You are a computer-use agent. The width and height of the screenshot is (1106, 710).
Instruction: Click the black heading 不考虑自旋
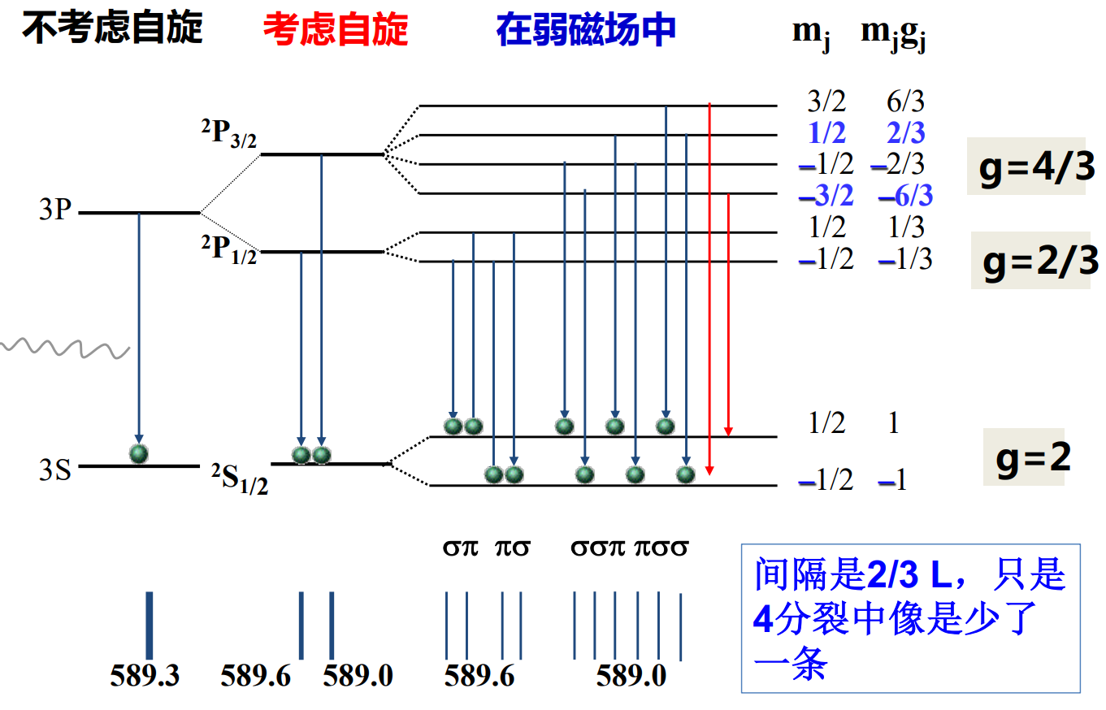pos(112,29)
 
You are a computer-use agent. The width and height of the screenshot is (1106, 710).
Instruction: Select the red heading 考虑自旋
pos(335,31)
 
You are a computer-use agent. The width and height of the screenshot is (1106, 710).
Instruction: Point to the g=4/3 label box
pos(1026,167)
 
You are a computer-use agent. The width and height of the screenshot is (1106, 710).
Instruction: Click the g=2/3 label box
pos(1030,261)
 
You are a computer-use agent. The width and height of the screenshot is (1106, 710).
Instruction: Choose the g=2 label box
pos(1024,457)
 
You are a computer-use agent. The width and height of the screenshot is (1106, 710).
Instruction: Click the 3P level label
pos(55,211)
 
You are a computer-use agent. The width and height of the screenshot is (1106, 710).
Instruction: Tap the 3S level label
pos(55,470)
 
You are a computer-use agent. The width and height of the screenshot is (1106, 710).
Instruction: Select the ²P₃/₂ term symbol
pos(229,135)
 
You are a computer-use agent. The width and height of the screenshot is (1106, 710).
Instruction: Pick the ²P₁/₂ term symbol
pos(229,249)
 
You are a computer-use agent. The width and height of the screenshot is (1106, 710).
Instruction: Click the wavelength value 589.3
pos(145,675)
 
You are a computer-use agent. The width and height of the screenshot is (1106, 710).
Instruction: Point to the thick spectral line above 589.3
pos(149,625)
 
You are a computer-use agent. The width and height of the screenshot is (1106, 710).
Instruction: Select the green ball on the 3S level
pos(139,452)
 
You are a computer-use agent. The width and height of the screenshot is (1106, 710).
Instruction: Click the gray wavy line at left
pos(65,347)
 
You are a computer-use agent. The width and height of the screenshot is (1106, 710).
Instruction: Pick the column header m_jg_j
pos(894,34)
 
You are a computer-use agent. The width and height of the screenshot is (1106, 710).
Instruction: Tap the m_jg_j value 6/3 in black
pos(905,102)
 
